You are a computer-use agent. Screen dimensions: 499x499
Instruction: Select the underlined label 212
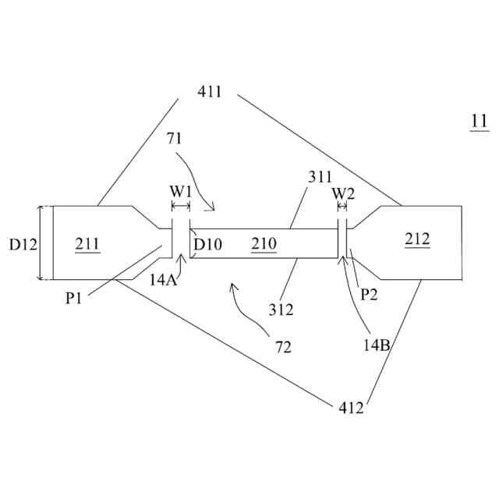(x=417, y=239)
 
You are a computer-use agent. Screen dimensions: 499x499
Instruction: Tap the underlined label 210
(x=264, y=244)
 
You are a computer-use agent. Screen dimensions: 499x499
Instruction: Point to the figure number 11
(x=479, y=121)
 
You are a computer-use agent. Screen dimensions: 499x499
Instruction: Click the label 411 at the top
(x=210, y=92)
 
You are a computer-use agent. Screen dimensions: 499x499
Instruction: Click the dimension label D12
(x=23, y=244)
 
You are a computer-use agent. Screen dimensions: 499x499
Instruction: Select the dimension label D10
(x=208, y=245)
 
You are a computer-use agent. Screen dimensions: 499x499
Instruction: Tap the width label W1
(x=180, y=192)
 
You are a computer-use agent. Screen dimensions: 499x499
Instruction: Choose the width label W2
(x=343, y=193)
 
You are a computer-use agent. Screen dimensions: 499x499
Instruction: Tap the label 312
(x=281, y=310)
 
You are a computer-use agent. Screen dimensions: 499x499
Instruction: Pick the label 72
(x=282, y=347)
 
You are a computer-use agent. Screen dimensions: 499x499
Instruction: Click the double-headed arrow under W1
(x=181, y=207)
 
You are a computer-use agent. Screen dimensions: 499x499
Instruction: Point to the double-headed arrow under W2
(x=342, y=207)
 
